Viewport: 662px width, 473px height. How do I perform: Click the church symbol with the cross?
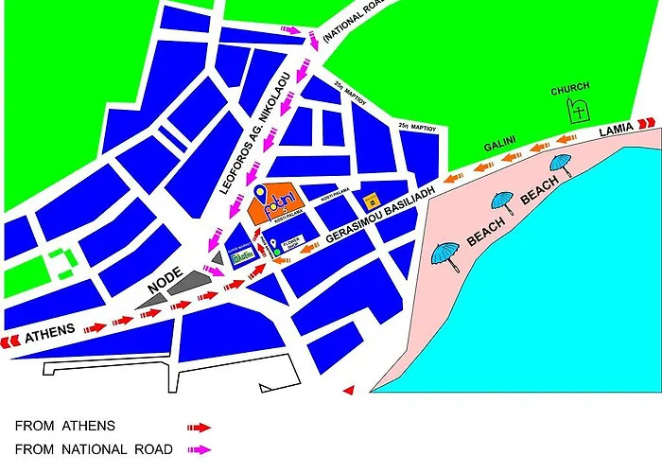[x=577, y=112]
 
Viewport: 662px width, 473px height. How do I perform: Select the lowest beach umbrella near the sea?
[x=444, y=254]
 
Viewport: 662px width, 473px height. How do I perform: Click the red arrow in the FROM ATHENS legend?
[x=199, y=427]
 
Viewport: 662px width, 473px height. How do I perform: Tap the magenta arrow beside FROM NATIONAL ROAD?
[x=199, y=449]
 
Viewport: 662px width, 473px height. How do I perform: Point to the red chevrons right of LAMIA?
[x=646, y=122]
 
